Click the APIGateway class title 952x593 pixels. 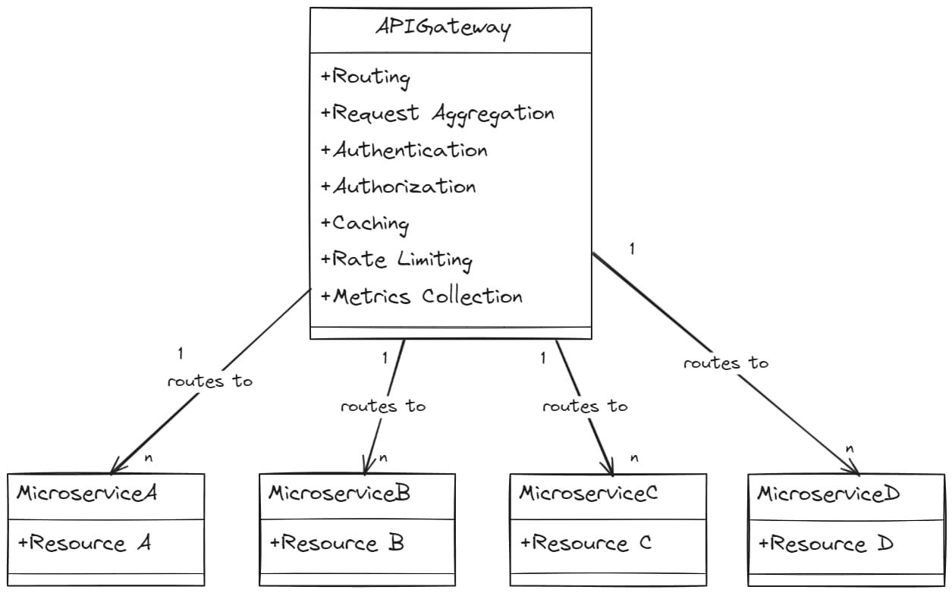(x=444, y=28)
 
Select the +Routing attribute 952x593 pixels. (x=365, y=77)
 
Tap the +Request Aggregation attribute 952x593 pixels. (x=437, y=114)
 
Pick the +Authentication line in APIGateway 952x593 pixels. (x=404, y=150)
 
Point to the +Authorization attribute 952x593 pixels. (x=398, y=187)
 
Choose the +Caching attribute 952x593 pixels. (x=365, y=223)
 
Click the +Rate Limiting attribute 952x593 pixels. (x=397, y=259)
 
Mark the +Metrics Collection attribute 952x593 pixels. (x=422, y=296)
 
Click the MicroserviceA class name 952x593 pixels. (x=86, y=494)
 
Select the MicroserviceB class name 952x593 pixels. (x=339, y=494)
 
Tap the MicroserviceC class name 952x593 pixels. (x=588, y=494)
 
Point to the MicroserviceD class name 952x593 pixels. (x=828, y=494)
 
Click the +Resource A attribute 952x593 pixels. (x=84, y=543)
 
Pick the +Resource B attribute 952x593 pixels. (x=337, y=543)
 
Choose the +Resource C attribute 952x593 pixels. (x=586, y=543)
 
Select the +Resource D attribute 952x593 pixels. (x=826, y=544)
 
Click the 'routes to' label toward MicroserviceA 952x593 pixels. (x=209, y=381)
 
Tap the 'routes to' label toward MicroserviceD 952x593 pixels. (x=725, y=363)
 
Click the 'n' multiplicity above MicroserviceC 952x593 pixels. (x=634, y=458)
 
